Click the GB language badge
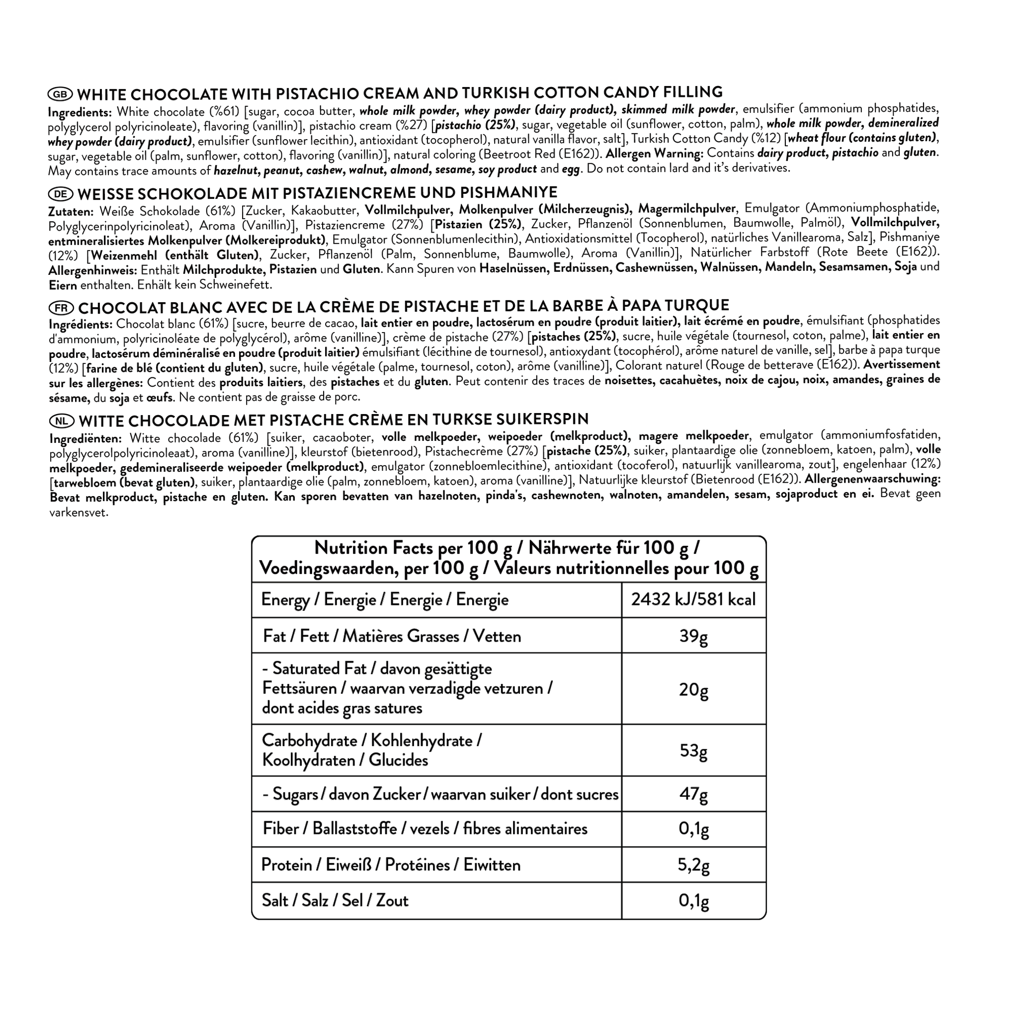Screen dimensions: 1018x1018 61,94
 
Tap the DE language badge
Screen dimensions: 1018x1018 61,194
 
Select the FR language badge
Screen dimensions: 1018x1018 62,308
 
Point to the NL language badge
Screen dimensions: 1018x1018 62,421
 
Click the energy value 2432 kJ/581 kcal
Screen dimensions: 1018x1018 693,599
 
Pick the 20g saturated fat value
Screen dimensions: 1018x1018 693,689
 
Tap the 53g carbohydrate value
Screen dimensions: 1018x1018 693,750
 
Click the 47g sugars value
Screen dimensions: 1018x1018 693,794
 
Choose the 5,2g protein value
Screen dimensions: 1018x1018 693,865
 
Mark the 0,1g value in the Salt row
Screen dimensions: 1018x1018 693,901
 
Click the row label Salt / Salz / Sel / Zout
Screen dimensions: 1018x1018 335,901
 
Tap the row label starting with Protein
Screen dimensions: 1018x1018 391,865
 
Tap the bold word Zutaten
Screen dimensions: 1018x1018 71,212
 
